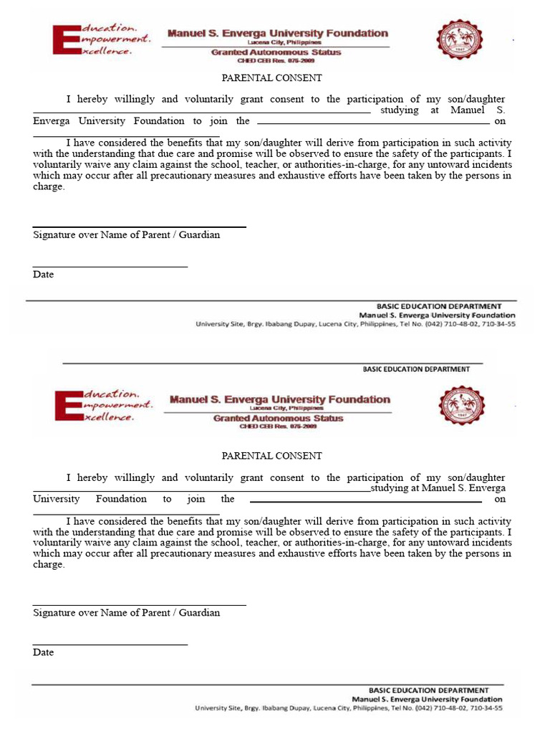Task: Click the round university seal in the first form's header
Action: click(460, 39)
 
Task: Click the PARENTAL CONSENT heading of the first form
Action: click(271, 78)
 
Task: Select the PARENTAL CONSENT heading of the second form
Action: click(271, 456)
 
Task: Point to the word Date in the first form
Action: click(43, 275)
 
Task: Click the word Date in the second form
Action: click(43, 652)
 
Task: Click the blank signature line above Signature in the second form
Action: click(139, 604)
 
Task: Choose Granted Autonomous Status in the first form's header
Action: click(276, 52)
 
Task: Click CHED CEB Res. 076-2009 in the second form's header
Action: click(279, 426)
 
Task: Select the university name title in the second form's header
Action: click(280, 399)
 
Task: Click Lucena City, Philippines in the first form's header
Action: click(276, 43)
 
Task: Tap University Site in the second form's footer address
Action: click(217, 708)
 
